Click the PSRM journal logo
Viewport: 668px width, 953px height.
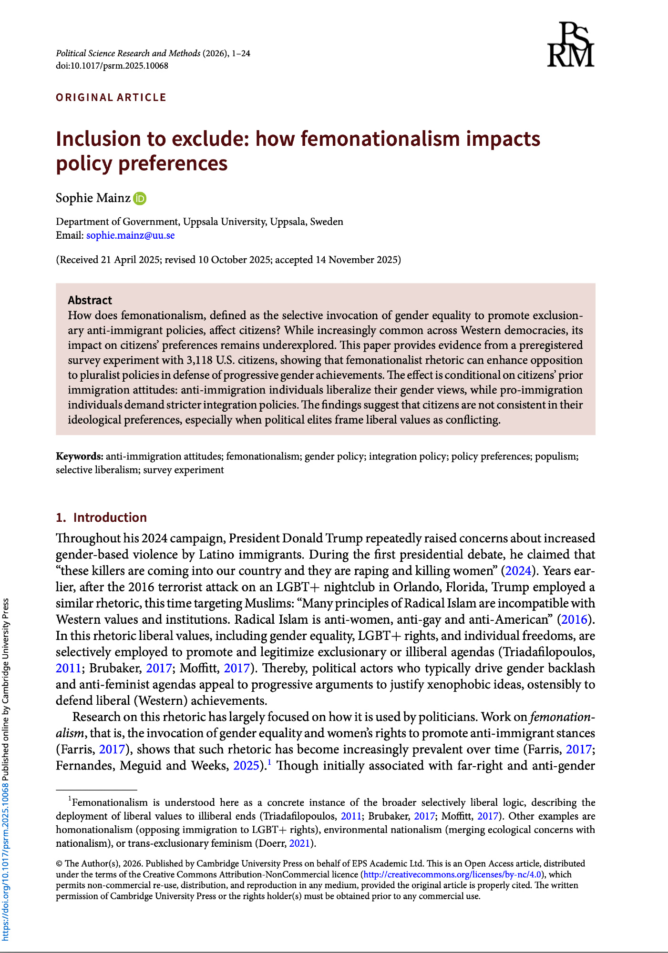[570, 44]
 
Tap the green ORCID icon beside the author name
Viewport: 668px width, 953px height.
[140, 198]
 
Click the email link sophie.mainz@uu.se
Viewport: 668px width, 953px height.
[130, 235]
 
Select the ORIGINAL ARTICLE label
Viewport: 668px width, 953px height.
[111, 98]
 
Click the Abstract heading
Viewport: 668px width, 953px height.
[90, 300]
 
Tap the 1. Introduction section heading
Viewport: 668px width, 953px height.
[101, 517]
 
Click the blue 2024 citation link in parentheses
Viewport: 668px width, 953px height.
[518, 571]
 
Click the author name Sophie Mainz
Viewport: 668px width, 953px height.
[93, 198]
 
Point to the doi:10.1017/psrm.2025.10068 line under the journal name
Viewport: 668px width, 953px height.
[112, 66]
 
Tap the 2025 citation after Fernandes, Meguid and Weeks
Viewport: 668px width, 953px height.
[247, 766]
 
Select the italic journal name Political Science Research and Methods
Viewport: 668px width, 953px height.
[128, 53]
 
